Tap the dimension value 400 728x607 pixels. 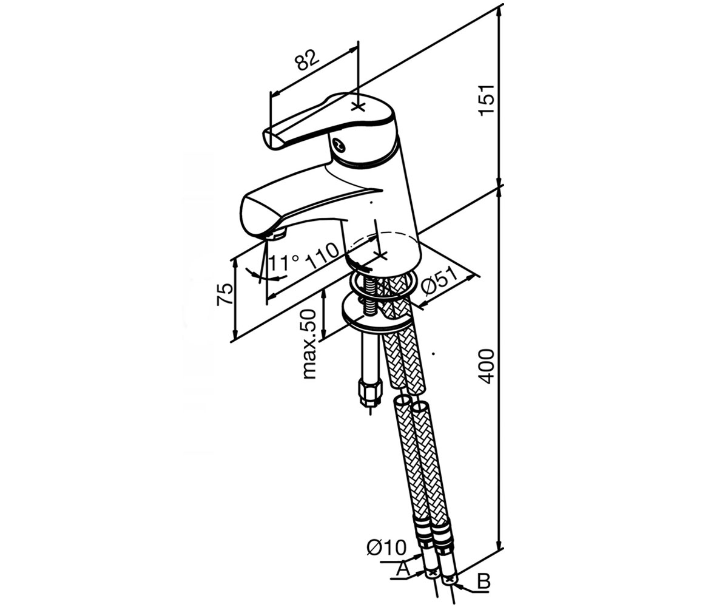click(486, 365)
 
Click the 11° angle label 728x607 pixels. click(284, 262)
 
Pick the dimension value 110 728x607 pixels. click(323, 256)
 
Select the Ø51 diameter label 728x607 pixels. click(440, 284)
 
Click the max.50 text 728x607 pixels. click(309, 344)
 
